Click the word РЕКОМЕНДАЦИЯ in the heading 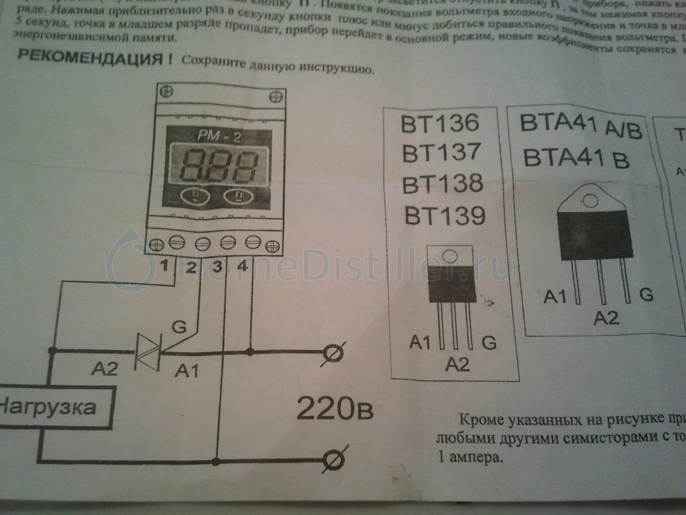(90, 57)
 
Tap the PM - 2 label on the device (219, 136)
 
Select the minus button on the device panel (238, 196)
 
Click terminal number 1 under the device (164, 266)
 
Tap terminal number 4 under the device (243, 266)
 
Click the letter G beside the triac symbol (179, 327)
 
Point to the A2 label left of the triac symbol (104, 368)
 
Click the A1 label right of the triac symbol (187, 370)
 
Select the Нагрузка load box (54, 407)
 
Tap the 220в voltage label (334, 409)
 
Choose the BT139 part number (445, 216)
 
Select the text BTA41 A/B (581, 124)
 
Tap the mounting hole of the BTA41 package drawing (590, 200)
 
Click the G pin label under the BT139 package (489, 342)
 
